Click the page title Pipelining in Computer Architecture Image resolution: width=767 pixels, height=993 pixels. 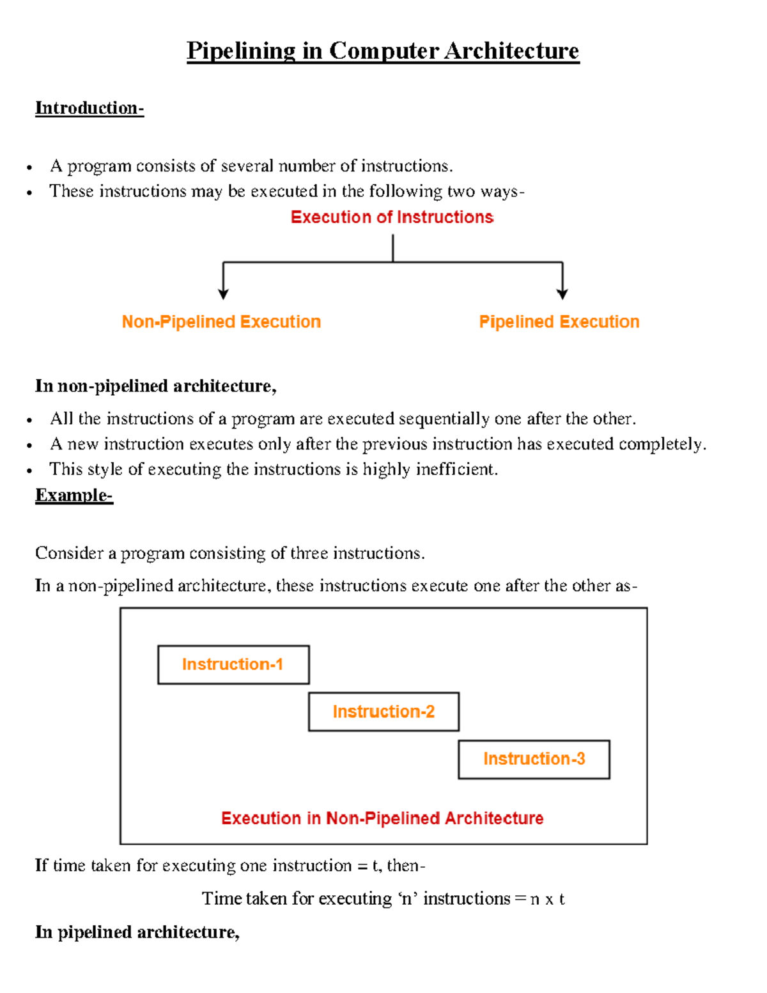382,51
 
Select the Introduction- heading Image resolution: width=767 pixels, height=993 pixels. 89,107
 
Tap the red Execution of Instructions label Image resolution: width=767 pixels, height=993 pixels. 392,217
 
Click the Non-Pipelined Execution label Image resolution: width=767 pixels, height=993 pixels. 221,322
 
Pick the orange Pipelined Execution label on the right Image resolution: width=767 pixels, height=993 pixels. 559,322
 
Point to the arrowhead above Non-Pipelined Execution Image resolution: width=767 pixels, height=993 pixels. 223,293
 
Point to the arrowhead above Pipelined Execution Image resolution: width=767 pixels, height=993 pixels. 562,293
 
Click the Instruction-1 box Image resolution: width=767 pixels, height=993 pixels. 233,665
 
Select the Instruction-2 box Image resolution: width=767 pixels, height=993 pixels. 383,712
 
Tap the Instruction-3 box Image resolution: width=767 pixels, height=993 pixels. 534,759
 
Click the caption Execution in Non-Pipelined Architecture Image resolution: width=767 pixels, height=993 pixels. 382,818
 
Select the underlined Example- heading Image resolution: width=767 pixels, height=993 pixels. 74,495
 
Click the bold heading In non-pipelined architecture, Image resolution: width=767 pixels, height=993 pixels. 155,386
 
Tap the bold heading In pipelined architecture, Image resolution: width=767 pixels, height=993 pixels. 137,932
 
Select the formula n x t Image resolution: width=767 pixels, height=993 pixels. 547,899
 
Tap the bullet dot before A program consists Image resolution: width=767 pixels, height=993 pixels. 29,168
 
